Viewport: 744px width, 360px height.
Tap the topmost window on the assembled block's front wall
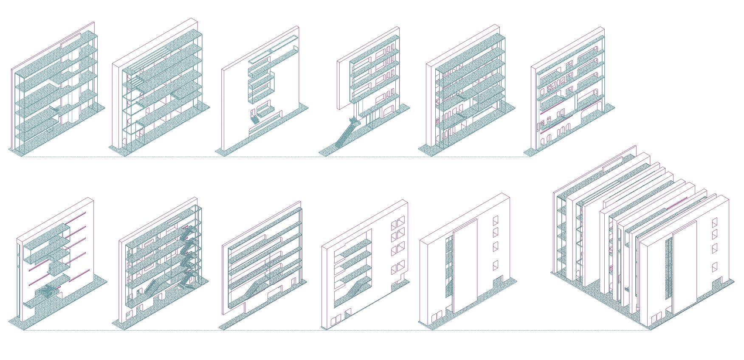[x=714, y=223]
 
